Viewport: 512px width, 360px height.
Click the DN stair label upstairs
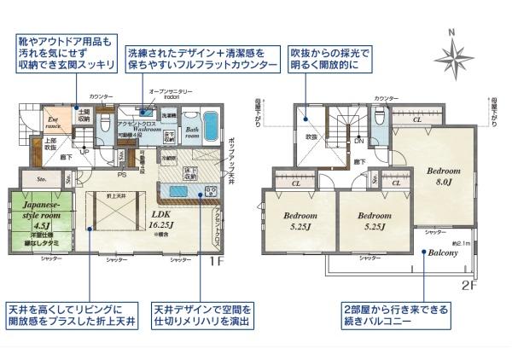359,141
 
